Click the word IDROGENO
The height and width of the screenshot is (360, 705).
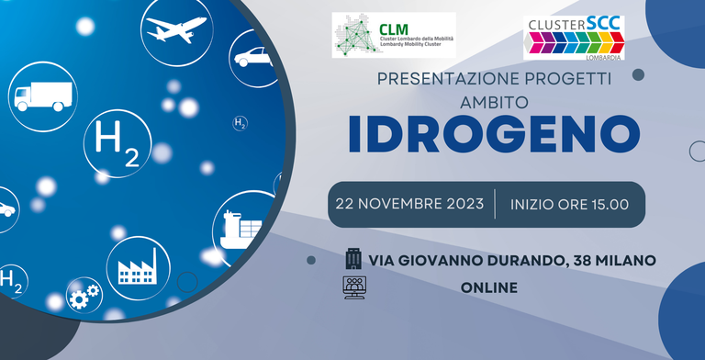pos(493,135)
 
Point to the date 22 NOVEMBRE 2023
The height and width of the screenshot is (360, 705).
pos(410,204)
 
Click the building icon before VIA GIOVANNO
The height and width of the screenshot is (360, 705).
pos(353,259)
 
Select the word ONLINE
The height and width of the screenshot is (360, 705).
pos(489,287)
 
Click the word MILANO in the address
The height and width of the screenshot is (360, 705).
pos(625,261)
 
